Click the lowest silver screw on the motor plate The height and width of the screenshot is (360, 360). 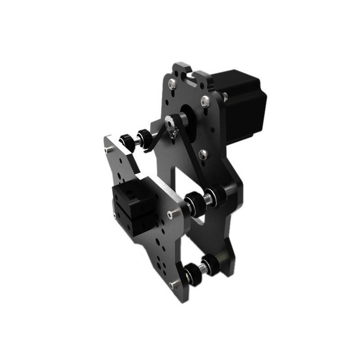pos(203,154)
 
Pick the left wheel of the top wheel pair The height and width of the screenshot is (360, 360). pos(127,140)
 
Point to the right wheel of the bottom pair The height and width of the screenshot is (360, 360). pos(210,264)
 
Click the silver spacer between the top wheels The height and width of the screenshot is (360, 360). pos(136,138)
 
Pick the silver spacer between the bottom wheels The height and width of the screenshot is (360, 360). pos(201,269)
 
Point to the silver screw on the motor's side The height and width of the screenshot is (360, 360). pos(224,96)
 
